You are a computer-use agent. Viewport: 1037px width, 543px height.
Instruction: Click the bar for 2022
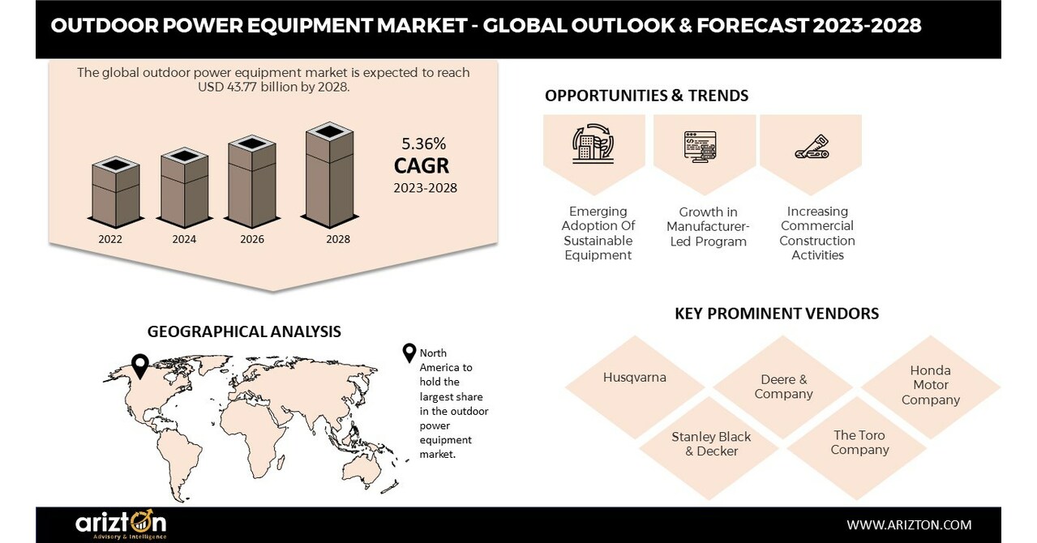coord(115,192)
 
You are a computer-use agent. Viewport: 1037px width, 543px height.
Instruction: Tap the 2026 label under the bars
coord(252,239)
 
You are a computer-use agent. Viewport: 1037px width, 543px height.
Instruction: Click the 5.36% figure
coord(424,144)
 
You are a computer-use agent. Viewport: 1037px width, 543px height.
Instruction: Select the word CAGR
coord(422,166)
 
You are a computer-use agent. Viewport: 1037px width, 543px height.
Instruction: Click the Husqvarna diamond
coord(634,378)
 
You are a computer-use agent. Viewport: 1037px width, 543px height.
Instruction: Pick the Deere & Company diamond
coord(783,387)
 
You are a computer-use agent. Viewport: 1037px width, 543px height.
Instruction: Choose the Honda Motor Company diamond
coord(930,385)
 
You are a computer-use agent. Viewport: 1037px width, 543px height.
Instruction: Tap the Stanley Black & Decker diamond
coord(710,443)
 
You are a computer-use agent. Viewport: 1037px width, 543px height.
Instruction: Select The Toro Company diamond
coord(859,442)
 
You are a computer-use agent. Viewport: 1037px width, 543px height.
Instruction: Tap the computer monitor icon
coord(700,146)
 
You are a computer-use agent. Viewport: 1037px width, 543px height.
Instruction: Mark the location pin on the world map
coord(140,366)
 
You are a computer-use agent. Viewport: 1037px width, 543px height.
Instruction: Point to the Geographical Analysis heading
coord(244,331)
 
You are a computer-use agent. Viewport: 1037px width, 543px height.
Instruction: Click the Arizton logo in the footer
coord(121,524)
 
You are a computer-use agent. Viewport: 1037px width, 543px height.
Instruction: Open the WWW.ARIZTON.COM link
coord(909,524)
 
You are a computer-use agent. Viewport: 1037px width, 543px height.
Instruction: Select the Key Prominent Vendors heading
coord(776,313)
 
